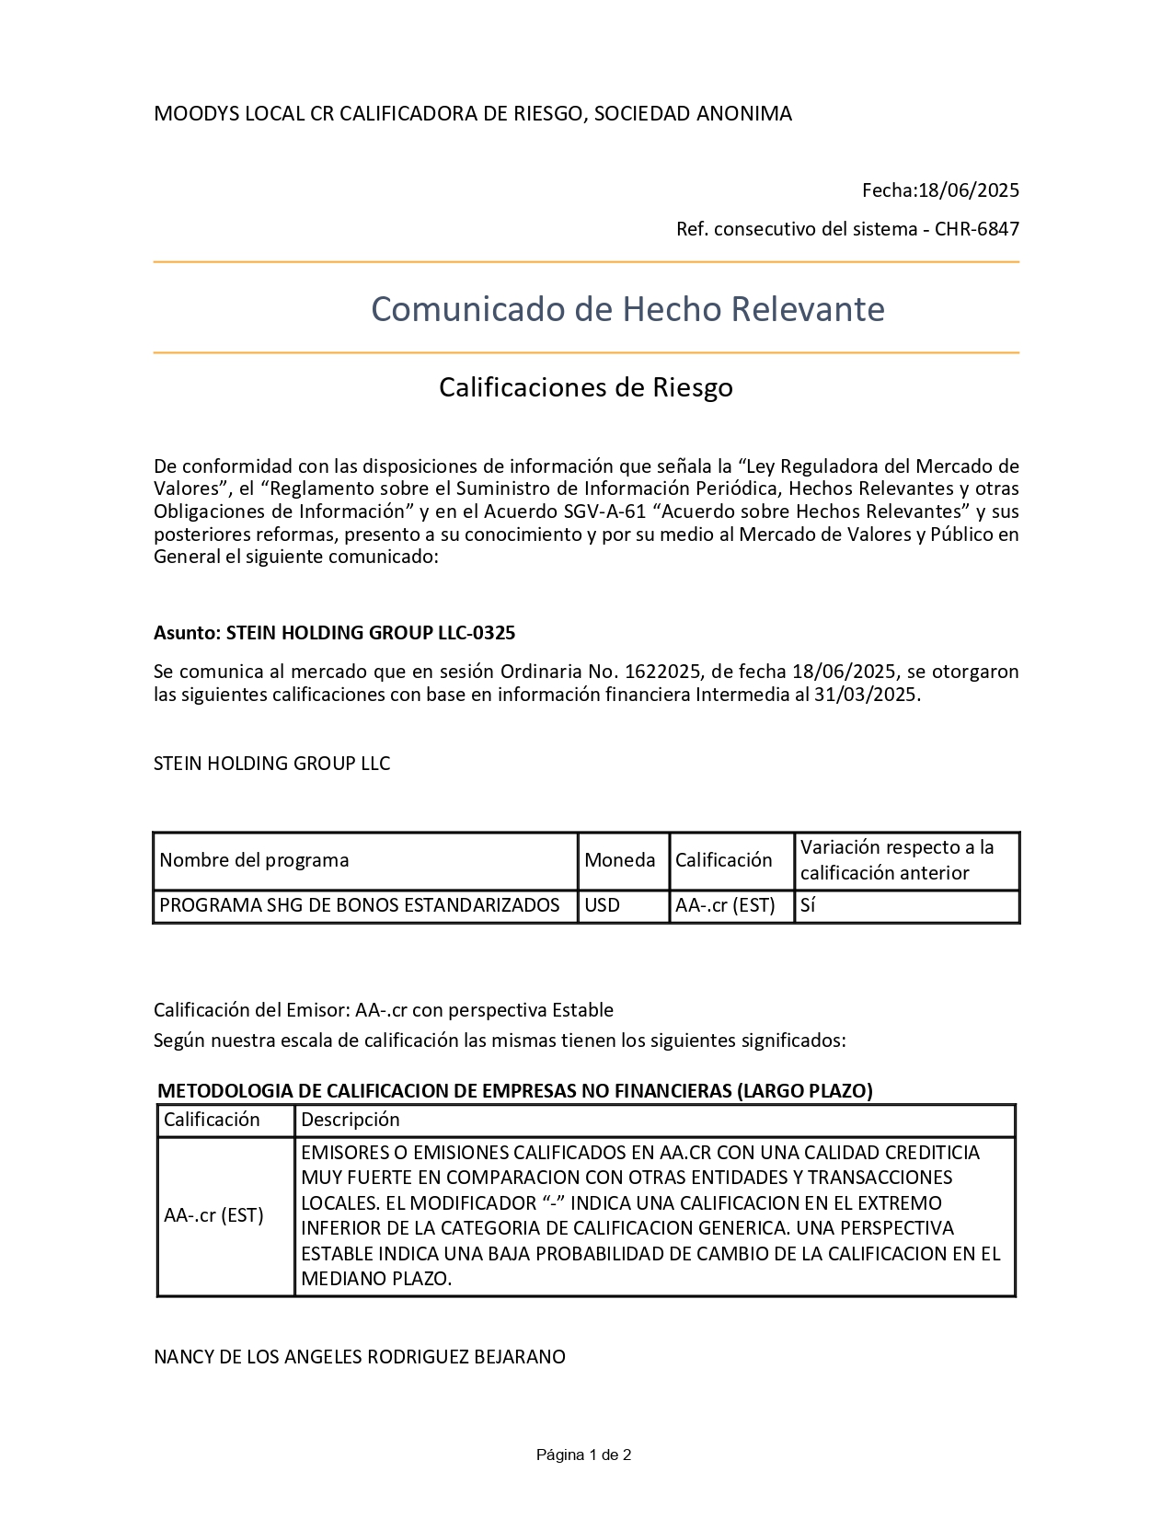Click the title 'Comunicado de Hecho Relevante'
(627, 309)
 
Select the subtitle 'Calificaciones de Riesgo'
(585, 387)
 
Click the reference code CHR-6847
(977, 229)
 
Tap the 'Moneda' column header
(620, 860)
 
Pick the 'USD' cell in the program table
(603, 905)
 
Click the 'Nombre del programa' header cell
(255, 860)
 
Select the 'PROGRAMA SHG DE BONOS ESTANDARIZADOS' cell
(360, 905)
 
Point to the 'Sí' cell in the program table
(808, 905)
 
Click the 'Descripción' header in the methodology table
(351, 1120)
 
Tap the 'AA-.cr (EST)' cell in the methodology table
(213, 1215)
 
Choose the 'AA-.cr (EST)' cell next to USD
(725, 905)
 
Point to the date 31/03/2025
(866, 695)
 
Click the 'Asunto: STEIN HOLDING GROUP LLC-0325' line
(334, 633)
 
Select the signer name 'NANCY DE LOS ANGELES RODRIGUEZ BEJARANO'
(360, 1357)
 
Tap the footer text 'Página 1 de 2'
(584, 1455)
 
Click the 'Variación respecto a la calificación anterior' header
(897, 860)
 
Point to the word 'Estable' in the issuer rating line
(582, 1010)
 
